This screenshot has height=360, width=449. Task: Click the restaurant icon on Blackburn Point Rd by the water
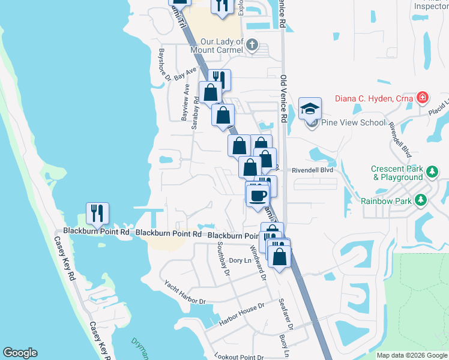pos(97,213)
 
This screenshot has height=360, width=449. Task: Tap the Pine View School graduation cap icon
pos(310,109)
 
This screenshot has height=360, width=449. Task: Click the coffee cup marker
pos(258,194)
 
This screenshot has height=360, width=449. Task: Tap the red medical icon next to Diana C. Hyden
pos(423,97)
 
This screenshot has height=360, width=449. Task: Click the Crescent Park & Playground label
pos(397,173)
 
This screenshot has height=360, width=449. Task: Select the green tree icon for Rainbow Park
pos(422,199)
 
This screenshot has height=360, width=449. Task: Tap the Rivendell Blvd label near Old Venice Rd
pos(312,170)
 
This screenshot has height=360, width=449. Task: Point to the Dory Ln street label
pos(240,260)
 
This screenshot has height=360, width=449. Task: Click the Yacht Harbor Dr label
pos(185,292)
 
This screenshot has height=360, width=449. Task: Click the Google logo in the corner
pos(20,353)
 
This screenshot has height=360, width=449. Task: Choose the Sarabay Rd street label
pos(195,111)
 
